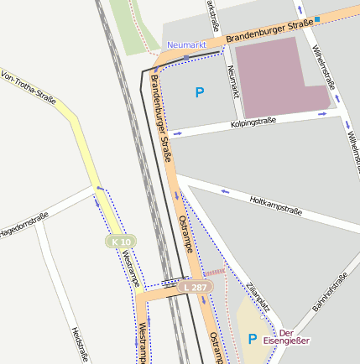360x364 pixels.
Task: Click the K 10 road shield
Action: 122,242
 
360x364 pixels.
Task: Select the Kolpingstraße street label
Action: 253,123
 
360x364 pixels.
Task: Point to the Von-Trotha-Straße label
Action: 28,89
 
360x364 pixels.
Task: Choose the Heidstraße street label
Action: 80,344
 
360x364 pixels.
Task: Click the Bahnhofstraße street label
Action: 330,293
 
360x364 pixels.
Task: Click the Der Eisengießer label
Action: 286,336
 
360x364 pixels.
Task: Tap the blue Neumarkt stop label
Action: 186,44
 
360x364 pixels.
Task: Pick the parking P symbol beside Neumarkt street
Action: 199,92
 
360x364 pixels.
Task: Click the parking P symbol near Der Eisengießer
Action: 252,339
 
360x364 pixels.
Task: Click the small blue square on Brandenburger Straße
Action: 317,18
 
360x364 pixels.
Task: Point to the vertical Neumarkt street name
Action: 232,82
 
